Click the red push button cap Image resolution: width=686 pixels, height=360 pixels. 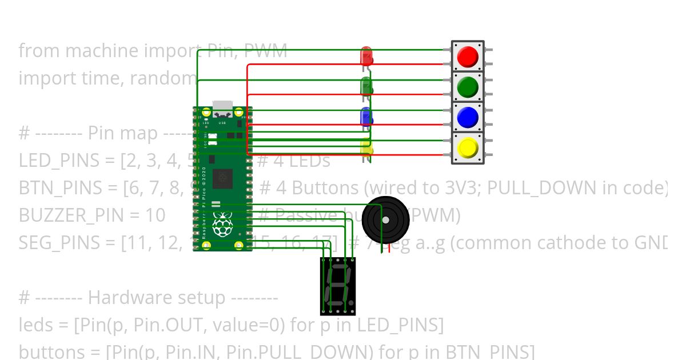click(x=468, y=56)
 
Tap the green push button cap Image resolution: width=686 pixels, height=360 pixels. click(x=468, y=87)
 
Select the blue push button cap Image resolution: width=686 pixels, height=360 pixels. click(x=468, y=118)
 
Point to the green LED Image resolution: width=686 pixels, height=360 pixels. click(x=366, y=87)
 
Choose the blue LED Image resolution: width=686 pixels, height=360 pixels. click(x=366, y=117)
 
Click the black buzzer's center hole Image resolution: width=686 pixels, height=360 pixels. click(x=386, y=220)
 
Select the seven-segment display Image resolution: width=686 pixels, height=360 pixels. click(x=338, y=286)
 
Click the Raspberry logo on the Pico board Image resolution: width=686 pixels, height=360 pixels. click(x=222, y=224)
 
